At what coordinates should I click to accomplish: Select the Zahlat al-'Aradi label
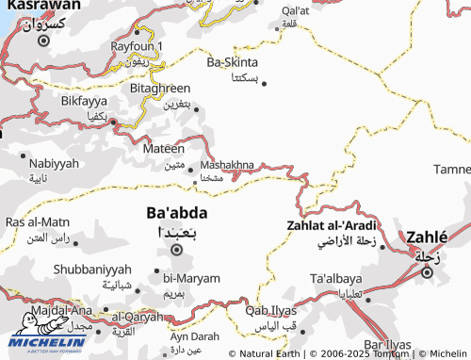(x=331, y=225)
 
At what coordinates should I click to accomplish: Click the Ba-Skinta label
(x=233, y=63)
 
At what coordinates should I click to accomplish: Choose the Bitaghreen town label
(x=160, y=88)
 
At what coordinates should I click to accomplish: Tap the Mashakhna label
(x=227, y=165)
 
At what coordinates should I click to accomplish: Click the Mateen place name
(x=163, y=148)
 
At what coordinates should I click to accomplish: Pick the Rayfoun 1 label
(x=137, y=45)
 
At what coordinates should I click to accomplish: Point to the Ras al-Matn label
(x=38, y=221)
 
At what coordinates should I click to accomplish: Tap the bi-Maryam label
(x=191, y=278)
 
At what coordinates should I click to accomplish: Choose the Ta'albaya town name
(x=335, y=279)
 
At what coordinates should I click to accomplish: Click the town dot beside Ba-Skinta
(x=264, y=83)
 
